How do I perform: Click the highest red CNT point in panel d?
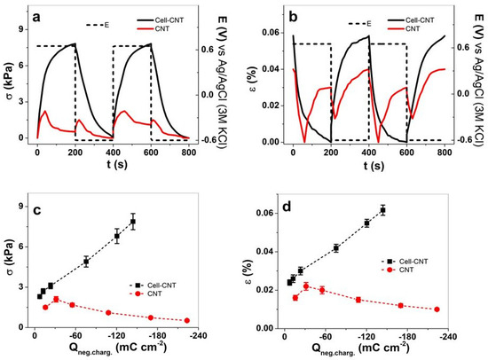click(x=306, y=286)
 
